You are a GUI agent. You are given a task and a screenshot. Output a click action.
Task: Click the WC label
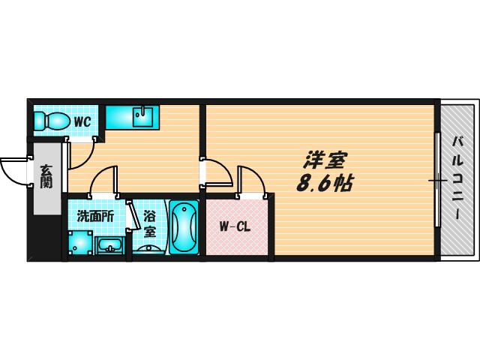click(82, 122)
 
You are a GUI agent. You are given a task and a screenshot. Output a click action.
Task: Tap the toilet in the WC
click(51, 121)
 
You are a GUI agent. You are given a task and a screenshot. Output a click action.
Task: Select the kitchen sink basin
click(142, 116)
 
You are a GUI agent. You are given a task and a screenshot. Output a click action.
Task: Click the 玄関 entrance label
click(46, 176)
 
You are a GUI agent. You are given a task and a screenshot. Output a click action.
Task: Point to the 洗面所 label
click(95, 217)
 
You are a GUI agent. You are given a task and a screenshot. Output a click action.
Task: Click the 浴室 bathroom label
click(150, 225)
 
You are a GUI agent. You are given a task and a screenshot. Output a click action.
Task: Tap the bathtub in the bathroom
click(184, 226)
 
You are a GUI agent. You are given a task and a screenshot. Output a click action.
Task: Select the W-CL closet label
click(235, 226)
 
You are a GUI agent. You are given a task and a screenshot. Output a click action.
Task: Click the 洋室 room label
click(325, 160)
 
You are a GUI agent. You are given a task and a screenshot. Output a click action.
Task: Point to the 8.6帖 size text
click(325, 183)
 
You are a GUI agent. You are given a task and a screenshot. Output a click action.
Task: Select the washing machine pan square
click(80, 242)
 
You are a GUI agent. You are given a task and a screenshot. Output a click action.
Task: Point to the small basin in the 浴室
click(149, 249)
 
